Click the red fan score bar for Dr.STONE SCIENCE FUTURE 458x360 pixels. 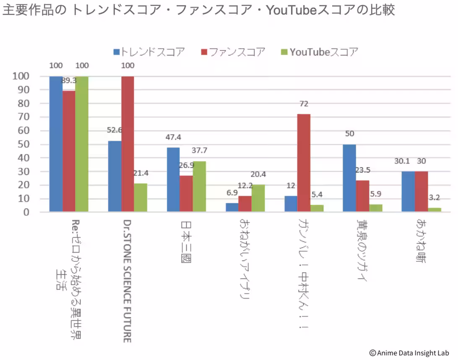tap(128, 144)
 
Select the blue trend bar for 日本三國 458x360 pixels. tap(173, 180)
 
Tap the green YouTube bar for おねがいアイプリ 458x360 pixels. tap(258, 198)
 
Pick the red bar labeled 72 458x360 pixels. tap(304, 163)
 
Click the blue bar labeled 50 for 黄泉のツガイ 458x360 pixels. tap(349, 178)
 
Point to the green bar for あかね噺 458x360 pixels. tap(435, 209)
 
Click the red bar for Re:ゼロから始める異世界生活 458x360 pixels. tap(69, 151)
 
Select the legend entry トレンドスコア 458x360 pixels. tap(149, 52)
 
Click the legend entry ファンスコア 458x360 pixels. tap(233, 52)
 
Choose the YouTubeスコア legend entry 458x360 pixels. tap(320, 52)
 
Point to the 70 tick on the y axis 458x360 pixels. tap(23, 117)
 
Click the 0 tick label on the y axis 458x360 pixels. tap(26, 212)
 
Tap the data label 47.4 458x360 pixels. tap(173, 137)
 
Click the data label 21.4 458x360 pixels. tap(141, 173)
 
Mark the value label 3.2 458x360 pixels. tap(435, 198)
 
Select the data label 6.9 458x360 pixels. tap(232, 193)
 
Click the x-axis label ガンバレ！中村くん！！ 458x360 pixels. tap(304, 274)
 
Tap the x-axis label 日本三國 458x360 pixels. tap(186, 241)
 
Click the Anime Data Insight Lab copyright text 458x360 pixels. tap(409, 353)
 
